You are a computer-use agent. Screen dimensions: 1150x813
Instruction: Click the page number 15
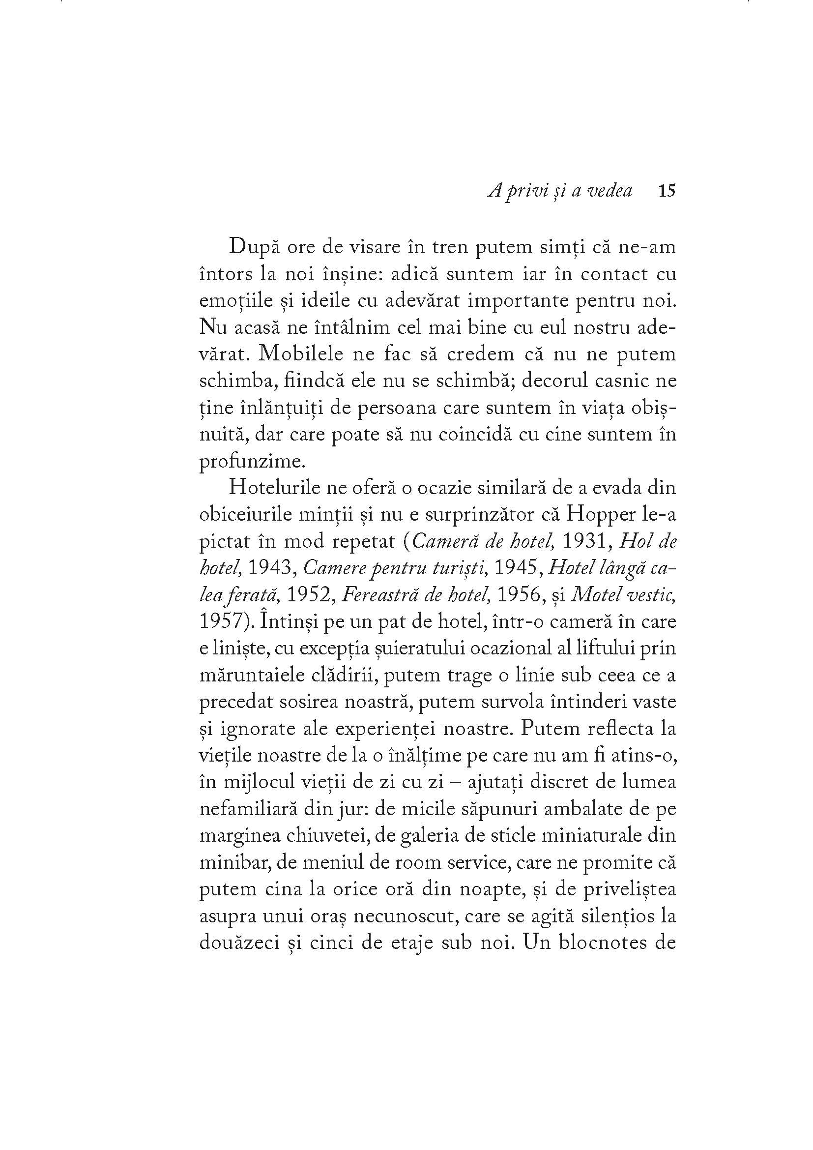pos(667,191)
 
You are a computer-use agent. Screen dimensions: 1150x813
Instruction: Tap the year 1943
pos(271,568)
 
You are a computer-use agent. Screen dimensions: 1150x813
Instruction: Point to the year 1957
pos(222,621)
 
